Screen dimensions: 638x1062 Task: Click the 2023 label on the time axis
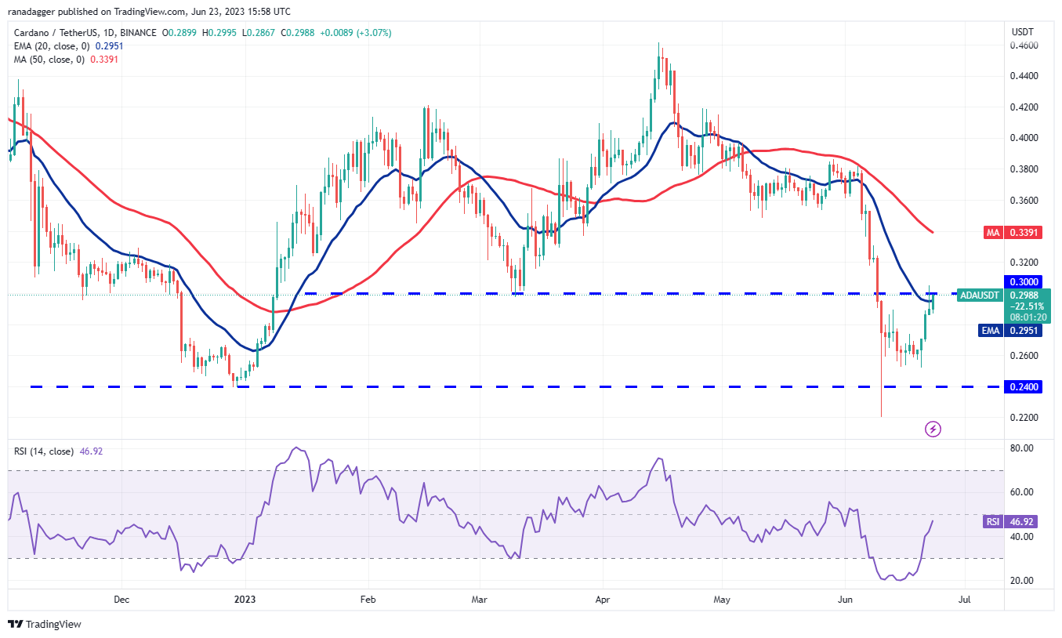[x=245, y=600]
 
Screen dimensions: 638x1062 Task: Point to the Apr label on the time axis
[x=602, y=600]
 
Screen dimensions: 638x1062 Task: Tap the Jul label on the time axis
[x=965, y=600]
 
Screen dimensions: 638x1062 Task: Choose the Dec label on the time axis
[x=121, y=600]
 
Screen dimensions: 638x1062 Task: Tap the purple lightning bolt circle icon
[x=933, y=429]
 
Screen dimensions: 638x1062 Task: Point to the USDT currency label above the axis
[x=1023, y=31]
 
